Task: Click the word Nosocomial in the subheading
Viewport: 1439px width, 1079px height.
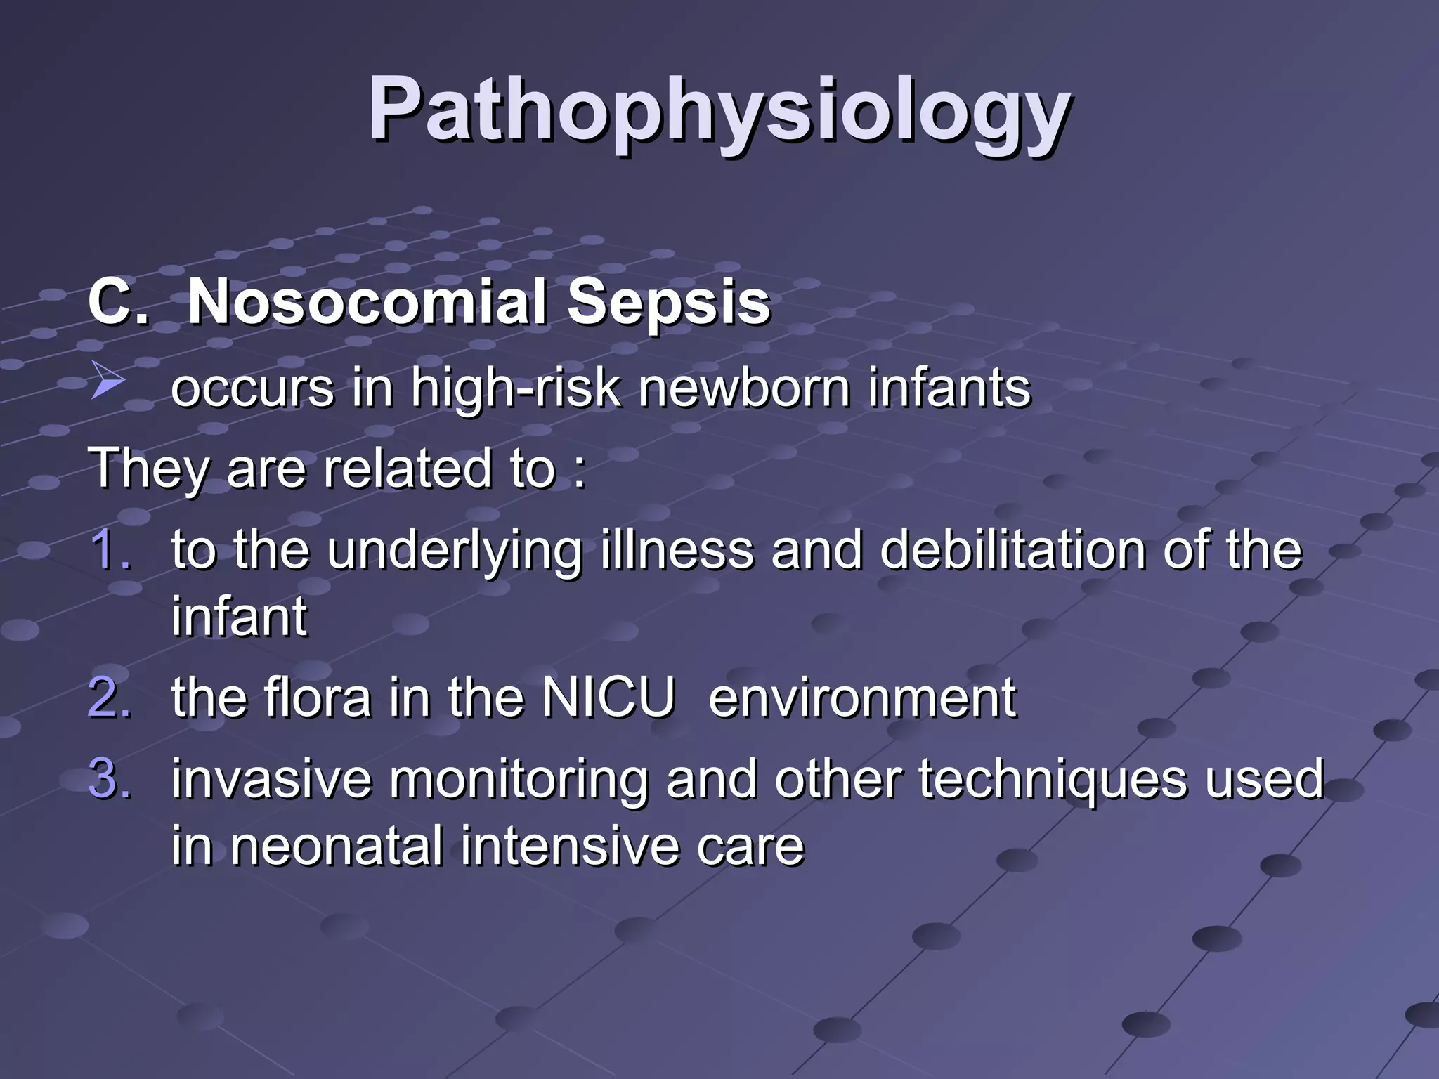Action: pos(366,302)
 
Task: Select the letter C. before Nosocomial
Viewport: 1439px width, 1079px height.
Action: pos(118,302)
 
